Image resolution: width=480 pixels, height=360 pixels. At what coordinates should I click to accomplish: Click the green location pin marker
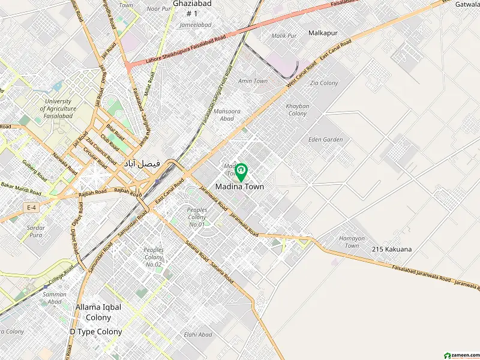[241, 172]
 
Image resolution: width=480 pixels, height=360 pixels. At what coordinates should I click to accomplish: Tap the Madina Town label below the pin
[239, 187]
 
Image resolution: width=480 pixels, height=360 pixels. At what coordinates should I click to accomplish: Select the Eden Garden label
[325, 140]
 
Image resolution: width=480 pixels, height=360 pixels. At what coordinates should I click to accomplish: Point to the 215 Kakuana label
[392, 248]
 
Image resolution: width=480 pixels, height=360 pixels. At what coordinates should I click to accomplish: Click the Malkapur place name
[325, 32]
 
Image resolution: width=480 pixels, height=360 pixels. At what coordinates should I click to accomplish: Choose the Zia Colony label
[325, 83]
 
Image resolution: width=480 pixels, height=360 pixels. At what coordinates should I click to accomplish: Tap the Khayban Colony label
[298, 109]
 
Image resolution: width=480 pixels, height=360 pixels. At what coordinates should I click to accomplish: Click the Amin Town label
[253, 81]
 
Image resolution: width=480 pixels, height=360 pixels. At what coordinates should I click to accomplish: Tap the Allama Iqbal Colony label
[98, 312]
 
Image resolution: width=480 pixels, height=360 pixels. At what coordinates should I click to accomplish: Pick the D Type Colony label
[96, 331]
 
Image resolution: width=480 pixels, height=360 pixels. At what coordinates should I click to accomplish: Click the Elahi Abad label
[198, 334]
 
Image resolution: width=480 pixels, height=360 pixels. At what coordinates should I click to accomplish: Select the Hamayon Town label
[352, 242]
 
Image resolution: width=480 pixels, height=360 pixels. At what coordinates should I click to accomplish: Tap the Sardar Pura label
[37, 232]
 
